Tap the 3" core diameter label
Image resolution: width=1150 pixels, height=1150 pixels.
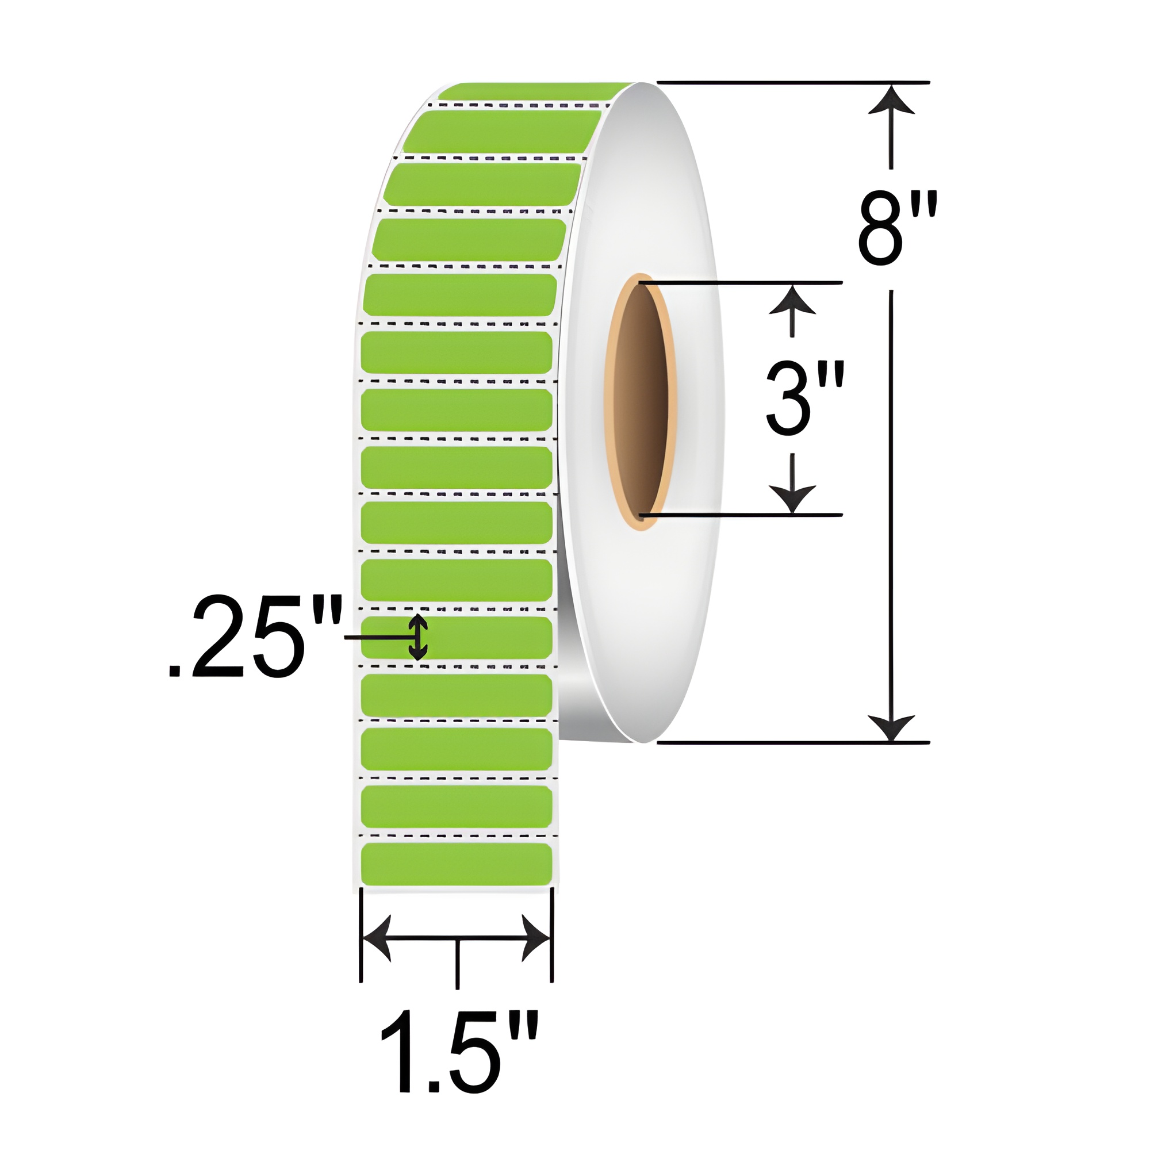[805, 400]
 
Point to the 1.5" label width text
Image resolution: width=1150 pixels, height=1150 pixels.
[458, 1059]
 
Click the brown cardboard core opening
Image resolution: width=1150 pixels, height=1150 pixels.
[639, 402]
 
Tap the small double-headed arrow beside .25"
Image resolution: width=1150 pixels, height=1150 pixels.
[419, 637]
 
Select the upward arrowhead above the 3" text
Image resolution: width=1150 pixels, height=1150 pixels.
[792, 300]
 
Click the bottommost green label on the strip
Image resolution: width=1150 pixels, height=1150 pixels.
[457, 864]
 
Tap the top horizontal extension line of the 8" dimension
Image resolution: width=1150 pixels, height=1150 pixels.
[792, 82]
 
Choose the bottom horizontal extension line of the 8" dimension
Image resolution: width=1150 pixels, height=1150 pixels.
[792, 743]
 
